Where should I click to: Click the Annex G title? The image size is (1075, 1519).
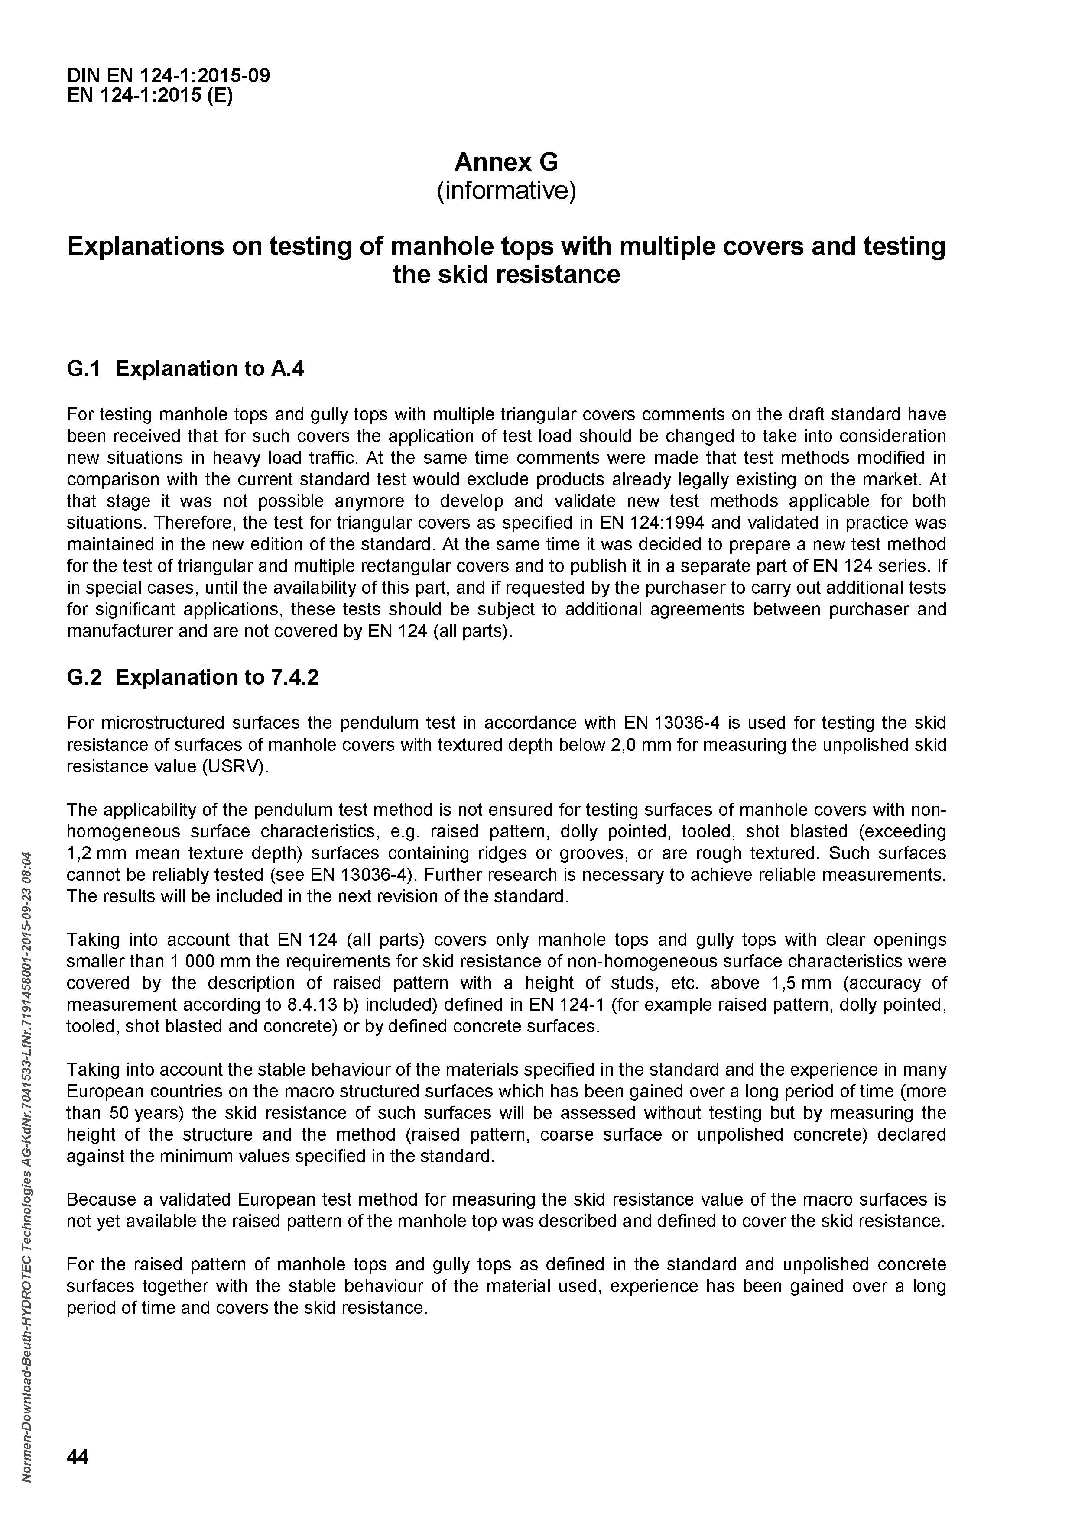coord(507,162)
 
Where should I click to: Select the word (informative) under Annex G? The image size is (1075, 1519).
coord(507,191)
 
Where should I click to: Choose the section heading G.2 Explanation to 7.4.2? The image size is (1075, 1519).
coord(193,678)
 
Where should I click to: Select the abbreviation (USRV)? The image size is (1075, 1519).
coord(236,767)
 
